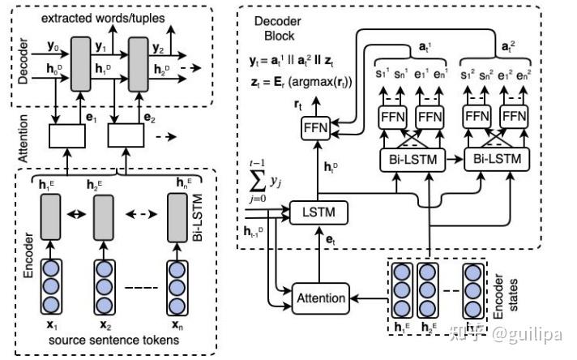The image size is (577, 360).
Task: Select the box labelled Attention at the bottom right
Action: point(321,297)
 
